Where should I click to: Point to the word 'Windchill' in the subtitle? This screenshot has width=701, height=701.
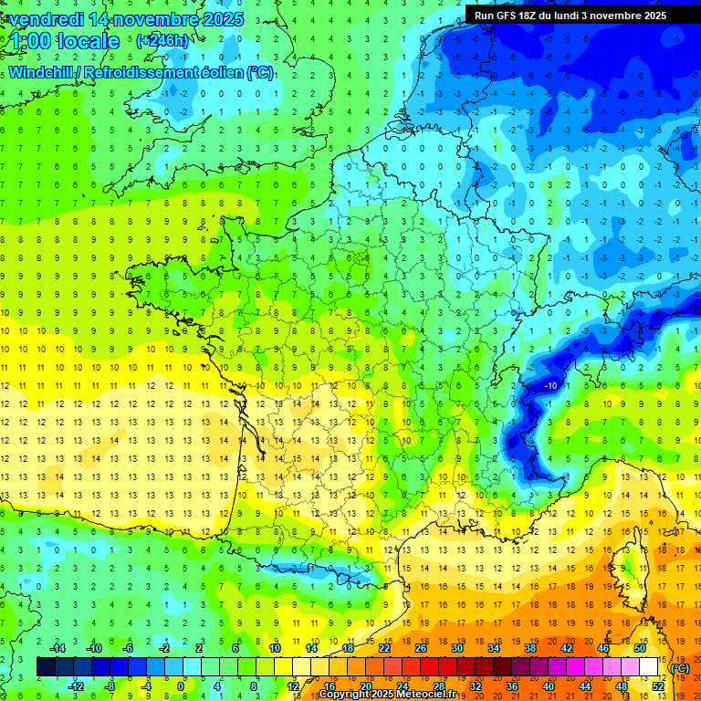tap(43, 73)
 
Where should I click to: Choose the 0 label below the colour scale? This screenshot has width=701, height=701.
tap(181, 686)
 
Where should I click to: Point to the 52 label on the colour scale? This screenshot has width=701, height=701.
tap(657, 686)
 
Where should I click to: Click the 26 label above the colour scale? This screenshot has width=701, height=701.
tap(421, 648)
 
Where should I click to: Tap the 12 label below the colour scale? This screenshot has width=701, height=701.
tap(293, 686)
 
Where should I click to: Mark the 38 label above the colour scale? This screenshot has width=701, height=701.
tap(530, 648)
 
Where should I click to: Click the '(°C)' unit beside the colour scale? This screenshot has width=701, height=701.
tap(680, 667)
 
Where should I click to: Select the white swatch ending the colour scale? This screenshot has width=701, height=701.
tap(648, 667)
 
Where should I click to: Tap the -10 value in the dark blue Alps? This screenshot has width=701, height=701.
tap(550, 387)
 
